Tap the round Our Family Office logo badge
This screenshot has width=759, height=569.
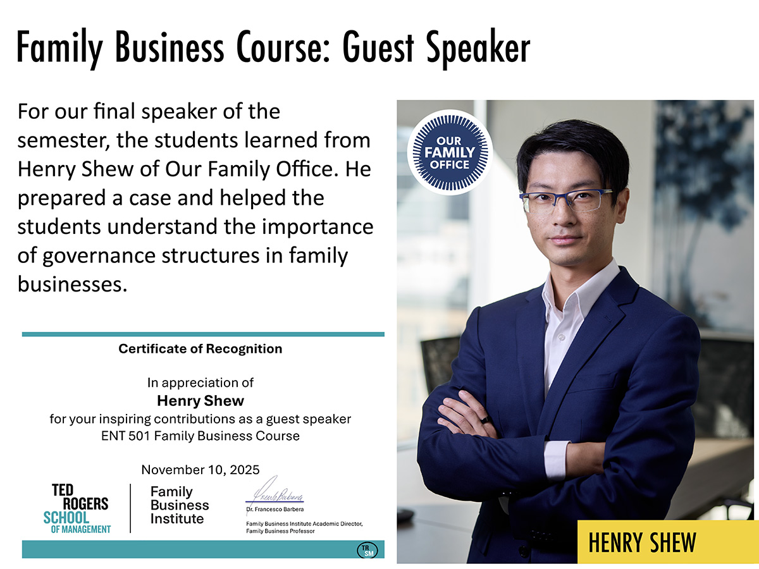click(450, 152)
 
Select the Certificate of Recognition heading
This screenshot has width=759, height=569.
click(200, 348)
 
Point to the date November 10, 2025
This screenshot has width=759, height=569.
click(200, 470)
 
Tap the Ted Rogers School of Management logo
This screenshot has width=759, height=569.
click(80, 509)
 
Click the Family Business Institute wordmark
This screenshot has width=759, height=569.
click(180, 505)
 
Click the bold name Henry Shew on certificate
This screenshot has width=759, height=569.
click(200, 400)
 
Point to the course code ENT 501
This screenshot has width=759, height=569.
click(127, 436)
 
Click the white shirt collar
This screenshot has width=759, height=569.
click(572, 300)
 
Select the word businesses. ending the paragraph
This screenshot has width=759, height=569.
click(72, 284)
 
